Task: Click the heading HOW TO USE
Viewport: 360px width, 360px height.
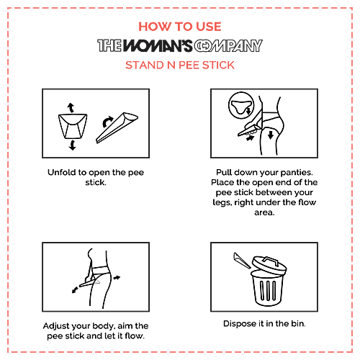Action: pos(180,27)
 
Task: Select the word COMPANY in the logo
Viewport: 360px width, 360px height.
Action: pos(228,45)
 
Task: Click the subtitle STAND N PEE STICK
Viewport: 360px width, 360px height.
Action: pos(180,65)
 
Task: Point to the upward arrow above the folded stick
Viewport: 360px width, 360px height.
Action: pos(71,107)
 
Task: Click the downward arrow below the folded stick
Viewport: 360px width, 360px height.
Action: pos(72,145)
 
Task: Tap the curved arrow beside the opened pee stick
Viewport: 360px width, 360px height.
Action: pos(107,122)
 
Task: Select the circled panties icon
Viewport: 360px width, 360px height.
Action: pos(241,106)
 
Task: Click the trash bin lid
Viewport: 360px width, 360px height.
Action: pos(269,265)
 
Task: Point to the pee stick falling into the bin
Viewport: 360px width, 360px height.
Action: pos(242,260)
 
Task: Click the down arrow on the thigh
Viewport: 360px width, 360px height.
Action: pos(271,135)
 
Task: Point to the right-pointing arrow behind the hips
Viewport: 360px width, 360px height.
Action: pos(117,278)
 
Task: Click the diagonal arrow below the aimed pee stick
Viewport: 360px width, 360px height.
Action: pos(75,289)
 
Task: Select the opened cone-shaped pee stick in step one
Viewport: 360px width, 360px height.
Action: pos(117,127)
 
